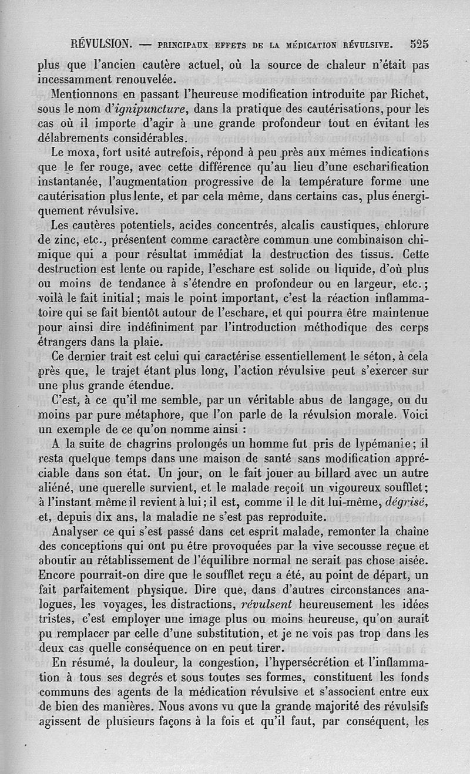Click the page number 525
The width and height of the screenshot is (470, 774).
click(419, 43)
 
